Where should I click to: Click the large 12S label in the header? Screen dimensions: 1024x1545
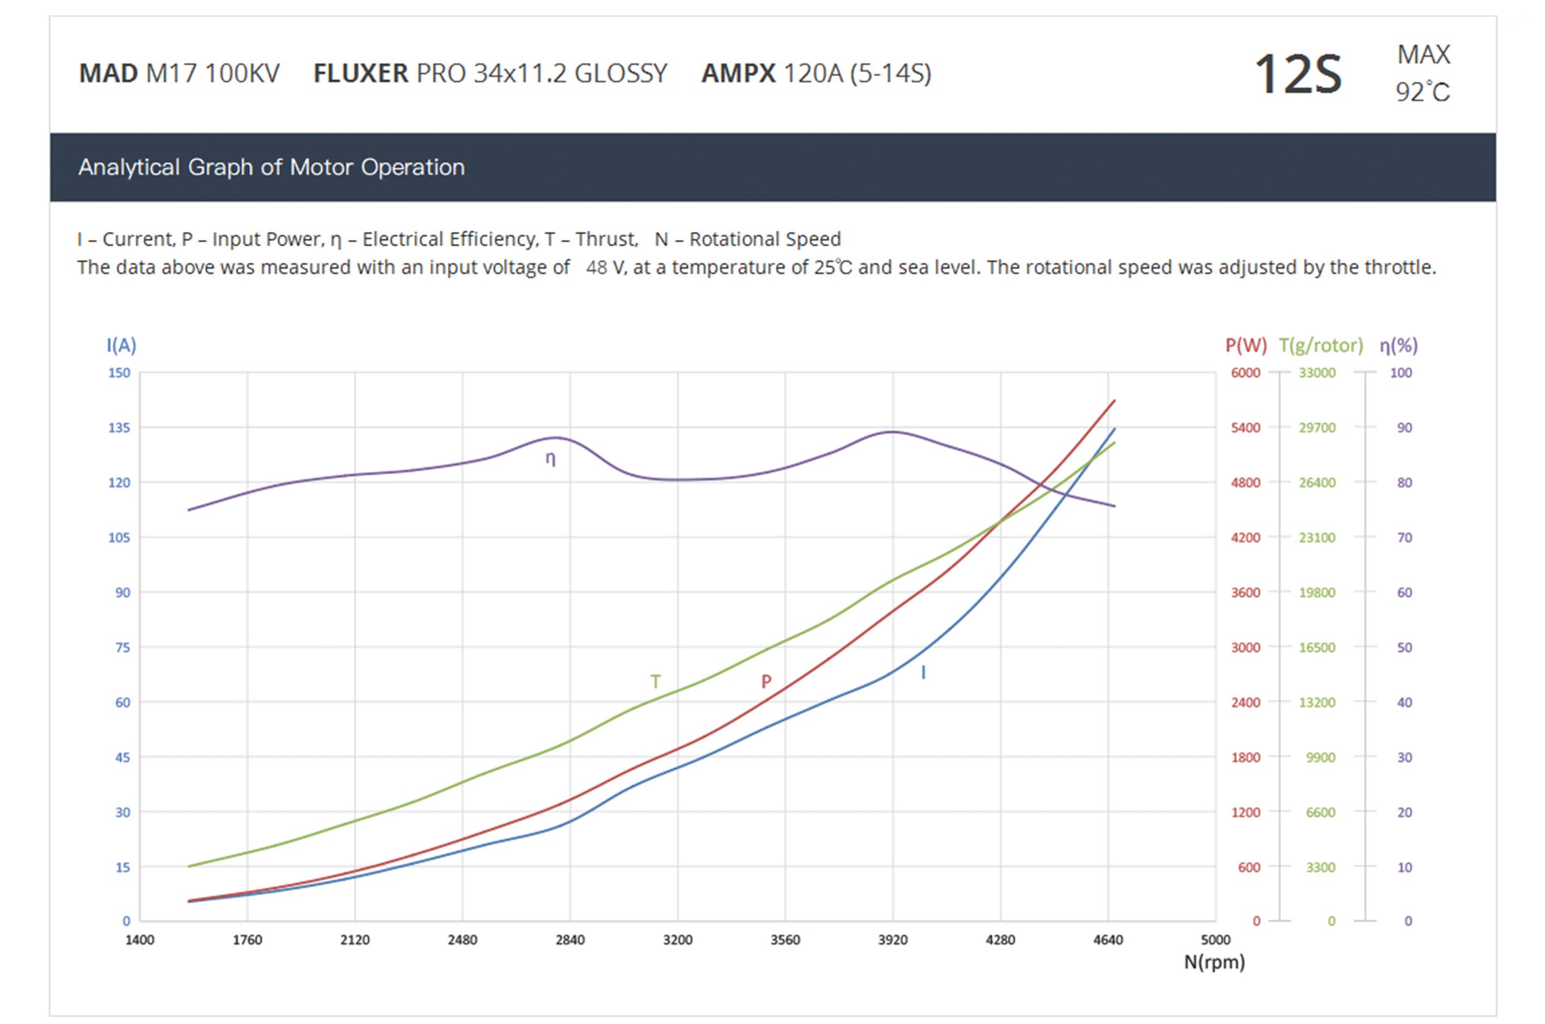click(1297, 74)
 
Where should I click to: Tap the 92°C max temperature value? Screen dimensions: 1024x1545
click(1422, 92)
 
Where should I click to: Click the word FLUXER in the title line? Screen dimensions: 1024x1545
click(360, 73)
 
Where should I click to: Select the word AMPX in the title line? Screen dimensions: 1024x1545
click(739, 73)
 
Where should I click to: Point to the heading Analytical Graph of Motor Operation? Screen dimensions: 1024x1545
click(271, 167)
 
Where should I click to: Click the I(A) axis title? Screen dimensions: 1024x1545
click(121, 345)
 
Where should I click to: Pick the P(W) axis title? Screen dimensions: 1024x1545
click(1245, 345)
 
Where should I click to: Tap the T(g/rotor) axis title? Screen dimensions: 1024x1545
click(1321, 345)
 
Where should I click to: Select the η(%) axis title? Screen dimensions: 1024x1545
click(1398, 345)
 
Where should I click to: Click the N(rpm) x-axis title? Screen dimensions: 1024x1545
click(1214, 962)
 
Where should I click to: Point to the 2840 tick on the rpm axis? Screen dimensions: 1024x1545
click(570, 940)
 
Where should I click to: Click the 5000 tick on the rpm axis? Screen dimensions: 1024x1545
click(1216, 940)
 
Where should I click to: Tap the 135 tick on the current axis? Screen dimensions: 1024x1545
click(119, 428)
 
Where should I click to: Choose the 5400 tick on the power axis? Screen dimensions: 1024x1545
click(1245, 428)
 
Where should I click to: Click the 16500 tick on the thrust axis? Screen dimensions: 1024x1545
click(1316, 647)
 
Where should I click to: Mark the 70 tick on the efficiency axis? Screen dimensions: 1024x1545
click(1404, 537)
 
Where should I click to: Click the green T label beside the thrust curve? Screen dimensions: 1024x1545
click(655, 682)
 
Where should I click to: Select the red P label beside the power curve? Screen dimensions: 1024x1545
click(766, 682)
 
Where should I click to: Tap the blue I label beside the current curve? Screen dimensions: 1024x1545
click(923, 673)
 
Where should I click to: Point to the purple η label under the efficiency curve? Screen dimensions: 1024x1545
click(550, 458)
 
